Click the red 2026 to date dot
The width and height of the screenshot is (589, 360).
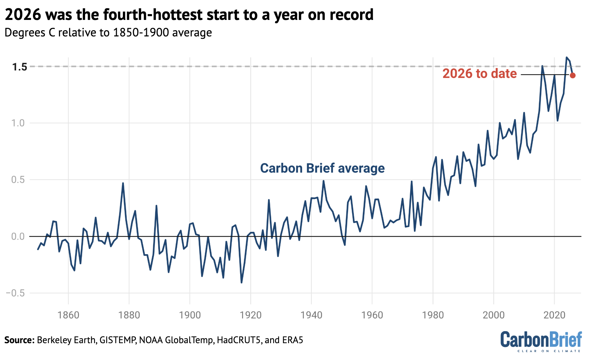coord(573,75)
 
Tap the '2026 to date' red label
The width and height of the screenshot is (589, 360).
coord(479,74)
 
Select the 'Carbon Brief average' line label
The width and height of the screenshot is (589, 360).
coord(322,168)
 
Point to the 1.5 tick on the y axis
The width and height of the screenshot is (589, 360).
coord(19,67)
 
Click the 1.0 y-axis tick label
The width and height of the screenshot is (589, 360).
coord(18,123)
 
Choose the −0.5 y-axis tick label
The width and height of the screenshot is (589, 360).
coord(15,293)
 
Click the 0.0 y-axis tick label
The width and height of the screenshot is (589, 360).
coord(18,236)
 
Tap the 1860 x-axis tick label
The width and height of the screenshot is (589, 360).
coord(68,315)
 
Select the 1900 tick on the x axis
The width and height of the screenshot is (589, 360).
coord(190,315)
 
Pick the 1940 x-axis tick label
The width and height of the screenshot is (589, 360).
coord(311,315)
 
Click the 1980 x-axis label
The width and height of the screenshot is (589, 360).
coord(433,315)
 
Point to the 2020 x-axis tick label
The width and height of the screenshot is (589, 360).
coord(554,315)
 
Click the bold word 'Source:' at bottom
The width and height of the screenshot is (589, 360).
coord(19,340)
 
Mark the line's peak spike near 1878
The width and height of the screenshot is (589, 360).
coord(123,183)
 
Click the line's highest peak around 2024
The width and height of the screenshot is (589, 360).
coord(566,57)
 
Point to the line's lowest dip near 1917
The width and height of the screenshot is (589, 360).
coord(241,282)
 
